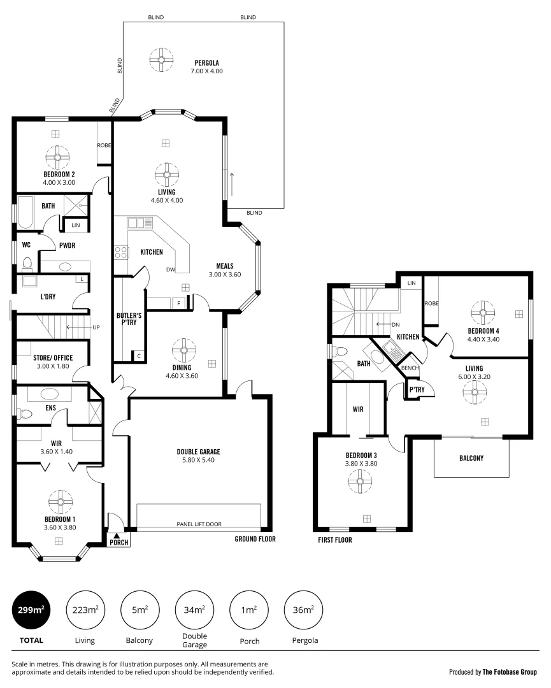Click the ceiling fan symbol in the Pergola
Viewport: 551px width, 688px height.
(162, 61)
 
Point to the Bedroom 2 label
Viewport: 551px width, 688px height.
(59, 175)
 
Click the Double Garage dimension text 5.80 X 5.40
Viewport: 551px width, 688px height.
(199, 460)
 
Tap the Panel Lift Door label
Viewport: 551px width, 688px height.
(199, 524)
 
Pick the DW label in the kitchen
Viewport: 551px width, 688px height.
(171, 269)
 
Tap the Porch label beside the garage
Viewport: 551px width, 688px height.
(119, 543)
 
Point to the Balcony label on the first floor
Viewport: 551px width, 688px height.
(471, 458)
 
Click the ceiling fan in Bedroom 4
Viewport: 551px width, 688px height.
(482, 312)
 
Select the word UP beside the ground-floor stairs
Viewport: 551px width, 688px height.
(96, 327)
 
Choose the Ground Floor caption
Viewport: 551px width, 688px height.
(255, 539)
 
